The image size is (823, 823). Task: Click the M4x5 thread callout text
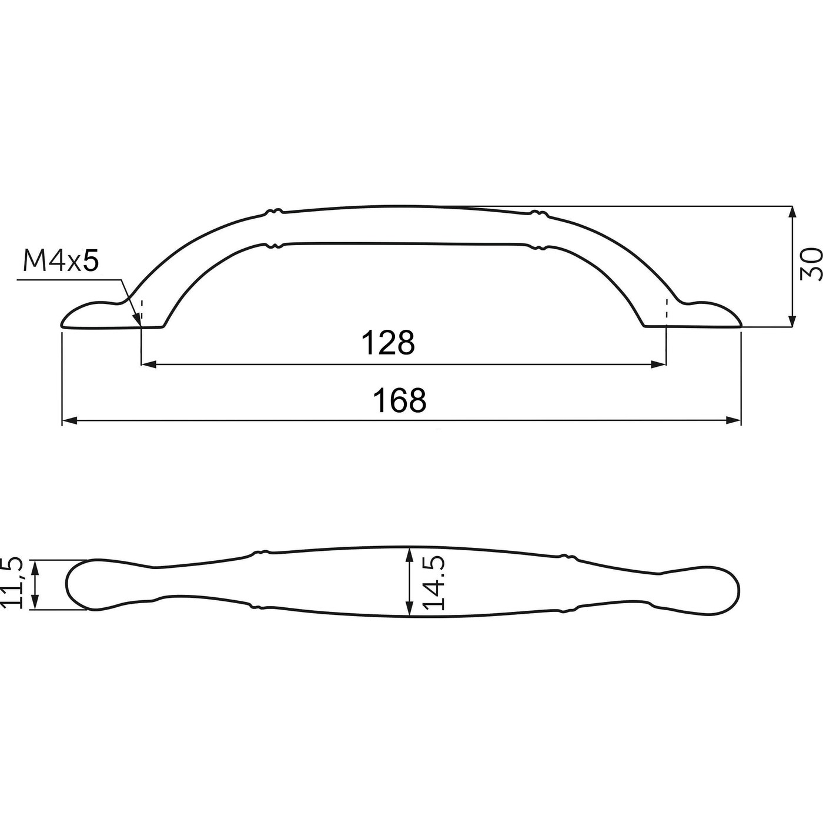pos(60,261)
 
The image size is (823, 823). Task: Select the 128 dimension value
pos(387,343)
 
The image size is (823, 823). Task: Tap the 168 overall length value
pos(400,401)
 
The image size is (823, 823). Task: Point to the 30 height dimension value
pos(811,264)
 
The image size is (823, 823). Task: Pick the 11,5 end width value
pos(13,583)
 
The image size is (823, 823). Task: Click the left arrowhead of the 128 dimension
pos(148,365)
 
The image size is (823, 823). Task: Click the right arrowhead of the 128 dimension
pos(660,365)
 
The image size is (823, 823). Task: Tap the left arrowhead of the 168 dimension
pos(69,420)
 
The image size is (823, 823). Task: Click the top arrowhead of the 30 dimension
pos(792,213)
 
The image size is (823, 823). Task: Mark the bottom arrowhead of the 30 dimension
pos(792,320)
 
